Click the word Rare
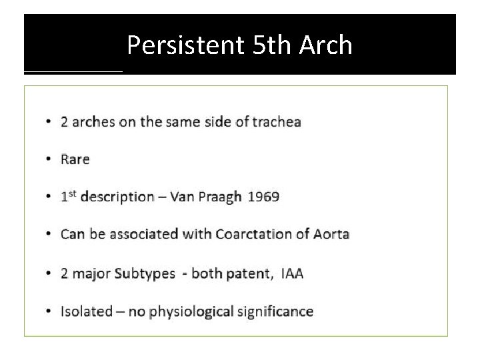75,159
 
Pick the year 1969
264,197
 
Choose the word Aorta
331,234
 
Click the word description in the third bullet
118,197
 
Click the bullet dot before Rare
50,160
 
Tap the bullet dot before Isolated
50,312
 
